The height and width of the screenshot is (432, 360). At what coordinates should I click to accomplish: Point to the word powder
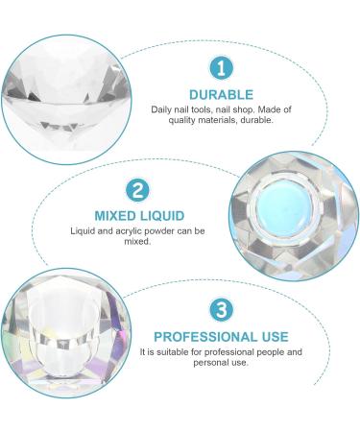pyautogui.click(x=173, y=230)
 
